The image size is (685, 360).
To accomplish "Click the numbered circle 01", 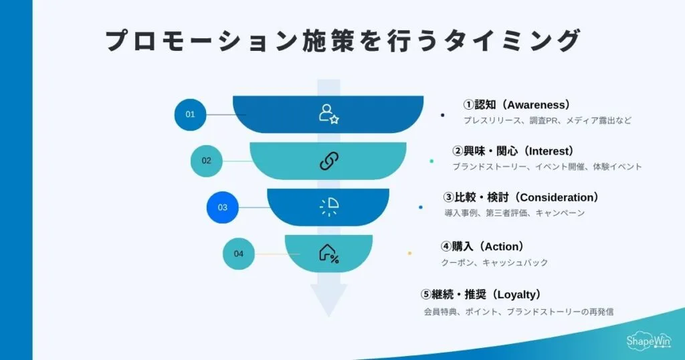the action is (x=190, y=114).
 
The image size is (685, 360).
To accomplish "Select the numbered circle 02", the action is (x=206, y=161).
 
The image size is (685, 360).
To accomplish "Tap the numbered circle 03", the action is (x=222, y=207).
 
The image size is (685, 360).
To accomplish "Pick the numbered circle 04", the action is (x=239, y=254).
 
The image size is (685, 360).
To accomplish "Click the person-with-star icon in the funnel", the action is (x=328, y=114).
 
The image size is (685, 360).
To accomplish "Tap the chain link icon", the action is (x=329, y=161).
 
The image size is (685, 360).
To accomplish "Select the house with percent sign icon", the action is (x=329, y=254).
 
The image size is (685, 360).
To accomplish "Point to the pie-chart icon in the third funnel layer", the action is (x=329, y=207).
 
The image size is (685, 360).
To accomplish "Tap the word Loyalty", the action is (x=516, y=295).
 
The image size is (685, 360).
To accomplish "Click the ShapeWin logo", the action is (x=648, y=341).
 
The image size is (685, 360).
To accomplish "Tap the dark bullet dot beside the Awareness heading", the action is (x=443, y=115).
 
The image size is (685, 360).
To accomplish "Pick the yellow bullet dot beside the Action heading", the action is (x=409, y=254).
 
